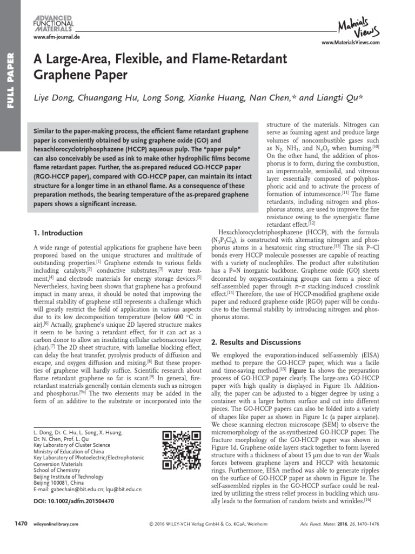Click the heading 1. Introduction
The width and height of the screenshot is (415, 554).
[x=58, y=233]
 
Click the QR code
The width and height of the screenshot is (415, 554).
[x=178, y=450]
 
